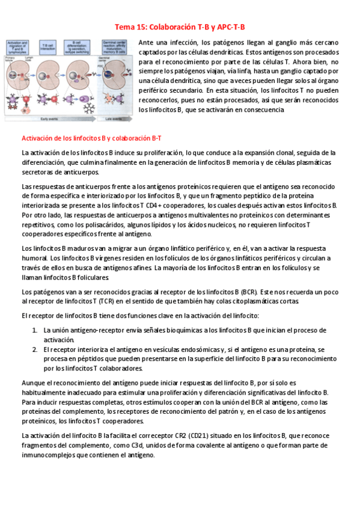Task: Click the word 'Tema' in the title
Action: pyautogui.click(x=125, y=27)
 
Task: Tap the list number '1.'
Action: pyautogui.click(x=35, y=330)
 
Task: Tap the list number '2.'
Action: pyautogui.click(x=35, y=349)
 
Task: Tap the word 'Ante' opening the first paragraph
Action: pyautogui.click(x=146, y=43)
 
